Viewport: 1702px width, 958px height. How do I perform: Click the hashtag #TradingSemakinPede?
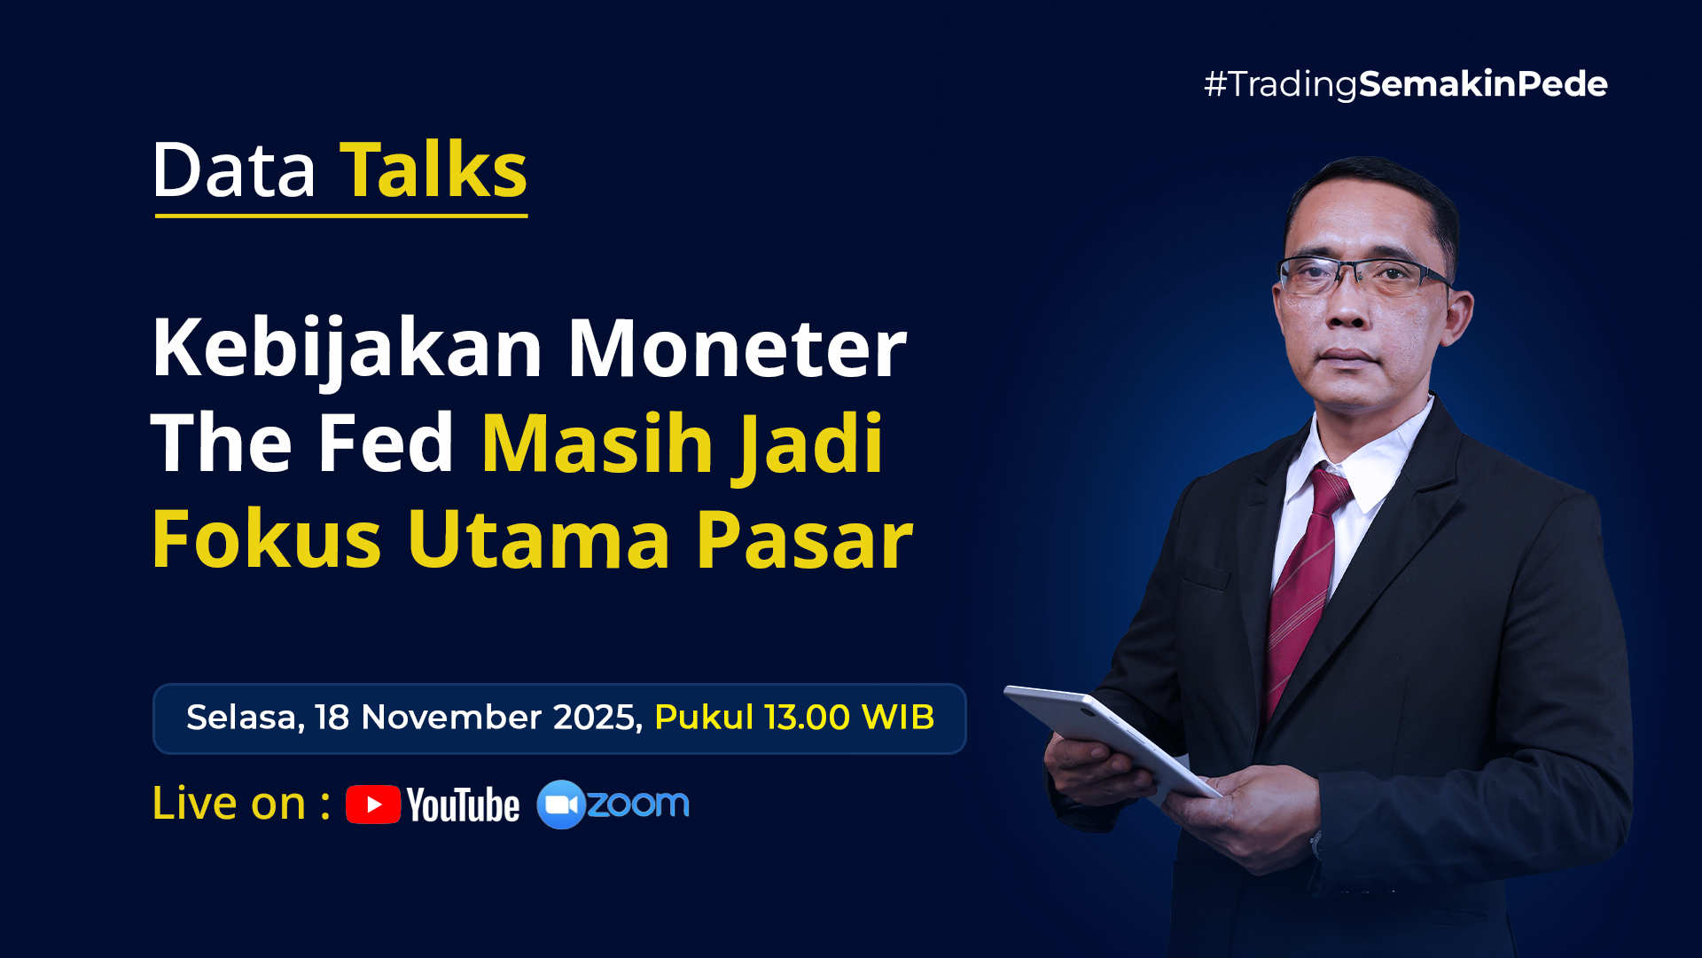point(1405,84)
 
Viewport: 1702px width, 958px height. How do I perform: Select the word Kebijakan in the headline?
point(347,349)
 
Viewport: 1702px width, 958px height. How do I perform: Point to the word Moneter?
point(737,349)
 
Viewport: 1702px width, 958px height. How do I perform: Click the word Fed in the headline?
point(386,443)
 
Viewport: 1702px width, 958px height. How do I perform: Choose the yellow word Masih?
point(597,443)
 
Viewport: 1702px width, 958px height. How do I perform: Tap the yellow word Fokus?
point(267,538)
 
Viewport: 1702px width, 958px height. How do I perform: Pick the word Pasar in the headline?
point(803,538)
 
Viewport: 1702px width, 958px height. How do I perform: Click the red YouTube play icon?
point(373,805)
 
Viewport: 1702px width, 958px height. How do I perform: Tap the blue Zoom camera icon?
point(560,805)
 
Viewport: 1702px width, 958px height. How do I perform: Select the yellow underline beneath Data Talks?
point(341,216)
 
